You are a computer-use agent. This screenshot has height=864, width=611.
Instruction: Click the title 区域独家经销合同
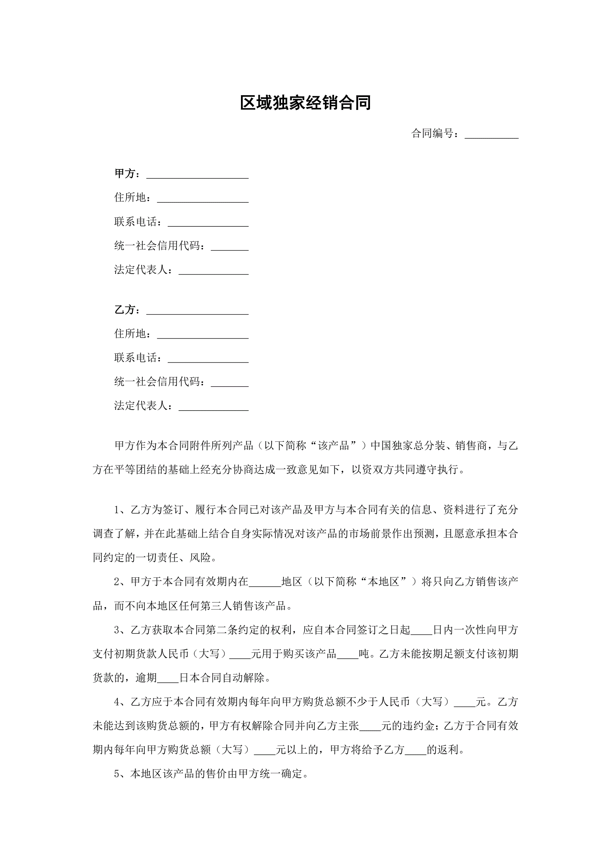pos(305,103)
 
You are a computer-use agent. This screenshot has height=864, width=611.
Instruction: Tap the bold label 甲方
pos(125,174)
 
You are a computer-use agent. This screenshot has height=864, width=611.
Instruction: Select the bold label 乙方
pos(125,310)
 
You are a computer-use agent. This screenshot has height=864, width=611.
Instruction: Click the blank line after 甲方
pos(197,175)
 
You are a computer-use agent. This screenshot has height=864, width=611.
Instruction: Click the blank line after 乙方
pos(197,311)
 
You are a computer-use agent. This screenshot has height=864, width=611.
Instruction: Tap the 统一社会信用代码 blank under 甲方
pos(229,247)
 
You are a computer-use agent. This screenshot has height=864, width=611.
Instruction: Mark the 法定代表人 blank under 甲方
pos(213,271)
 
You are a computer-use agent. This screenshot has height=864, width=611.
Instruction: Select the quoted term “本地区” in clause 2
pos(383,582)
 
